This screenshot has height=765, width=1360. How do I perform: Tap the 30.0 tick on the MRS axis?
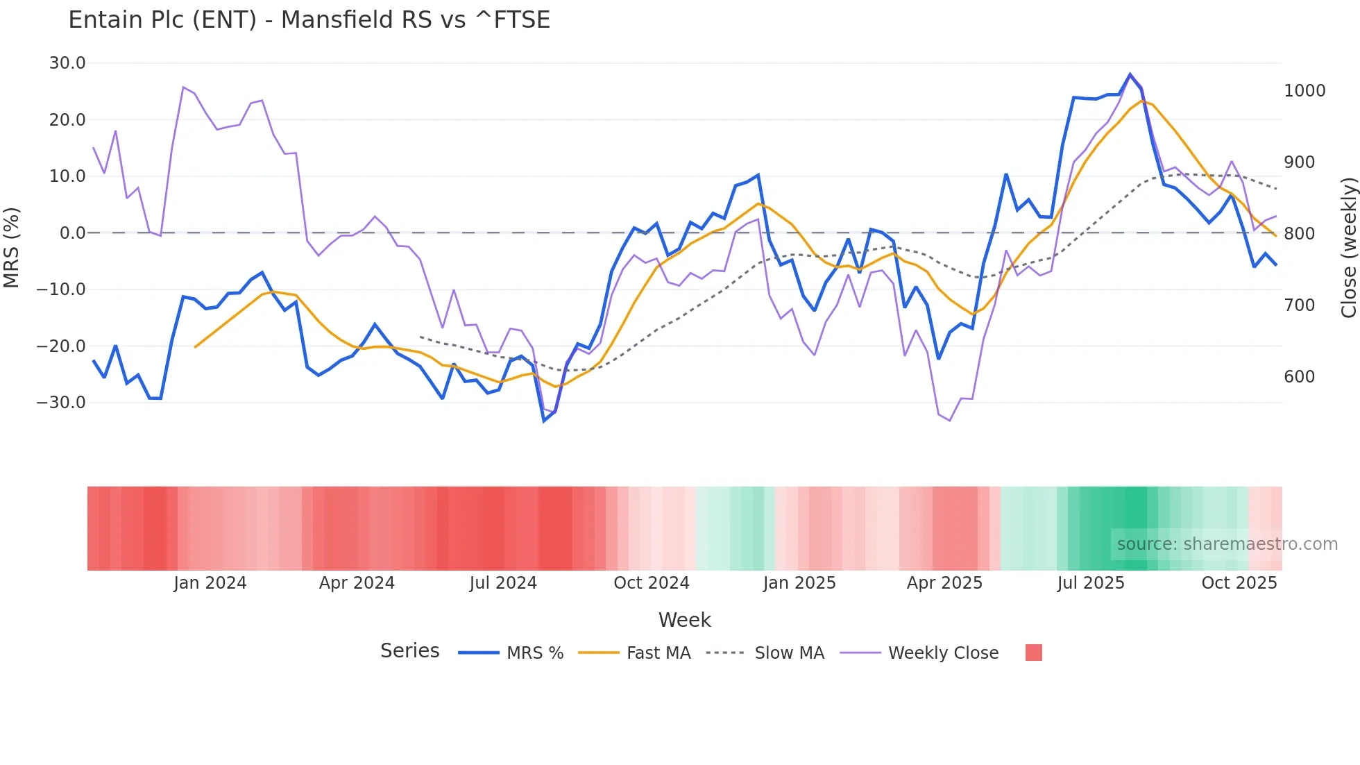[67, 63]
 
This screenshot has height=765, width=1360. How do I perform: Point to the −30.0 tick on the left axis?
[61, 403]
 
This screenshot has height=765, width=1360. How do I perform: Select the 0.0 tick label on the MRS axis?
[72, 233]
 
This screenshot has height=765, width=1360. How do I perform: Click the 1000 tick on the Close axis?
[1304, 91]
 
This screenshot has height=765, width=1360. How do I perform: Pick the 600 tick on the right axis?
[1299, 377]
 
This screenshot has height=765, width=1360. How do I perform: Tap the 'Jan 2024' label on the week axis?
[210, 583]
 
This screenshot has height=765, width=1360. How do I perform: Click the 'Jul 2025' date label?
[1090, 583]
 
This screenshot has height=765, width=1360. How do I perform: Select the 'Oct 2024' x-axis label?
[651, 583]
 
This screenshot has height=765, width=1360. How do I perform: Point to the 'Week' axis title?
[684, 620]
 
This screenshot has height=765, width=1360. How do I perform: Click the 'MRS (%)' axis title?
[12, 247]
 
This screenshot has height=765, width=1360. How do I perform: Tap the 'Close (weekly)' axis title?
[1348, 248]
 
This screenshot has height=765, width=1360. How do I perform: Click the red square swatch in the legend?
[1033, 653]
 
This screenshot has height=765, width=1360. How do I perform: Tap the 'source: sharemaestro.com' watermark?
[1227, 544]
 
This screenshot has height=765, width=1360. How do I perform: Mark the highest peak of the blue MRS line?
[1130, 74]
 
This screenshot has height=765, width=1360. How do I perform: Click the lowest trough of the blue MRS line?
[544, 421]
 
